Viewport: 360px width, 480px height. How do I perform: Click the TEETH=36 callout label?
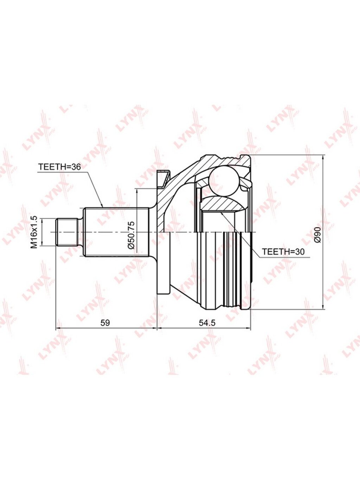(x=59, y=167)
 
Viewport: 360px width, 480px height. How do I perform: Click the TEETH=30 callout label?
(x=283, y=251)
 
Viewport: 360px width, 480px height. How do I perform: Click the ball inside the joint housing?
(x=223, y=180)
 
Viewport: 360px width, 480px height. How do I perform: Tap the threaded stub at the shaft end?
(x=67, y=232)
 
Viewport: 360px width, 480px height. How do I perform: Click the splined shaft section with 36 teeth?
(x=116, y=232)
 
